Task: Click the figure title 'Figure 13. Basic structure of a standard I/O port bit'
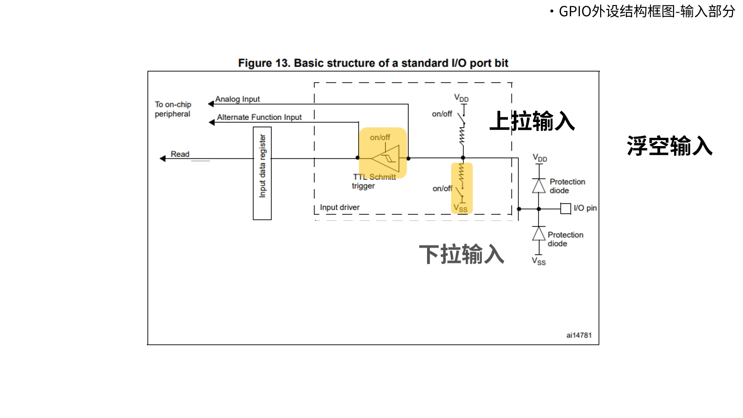tap(373, 63)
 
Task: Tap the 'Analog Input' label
tap(237, 99)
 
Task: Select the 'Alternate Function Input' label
tap(259, 117)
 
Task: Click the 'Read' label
tap(180, 154)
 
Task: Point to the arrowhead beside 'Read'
tap(163, 158)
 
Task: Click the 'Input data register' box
tap(262, 174)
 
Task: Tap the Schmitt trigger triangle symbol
tap(386, 158)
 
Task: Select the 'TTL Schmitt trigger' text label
tap(374, 181)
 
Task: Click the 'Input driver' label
tap(340, 207)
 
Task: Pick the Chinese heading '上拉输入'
tap(532, 121)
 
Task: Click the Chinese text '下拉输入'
tap(462, 254)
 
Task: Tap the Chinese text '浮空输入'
tap(669, 146)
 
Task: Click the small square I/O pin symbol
tap(566, 209)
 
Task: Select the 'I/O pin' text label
tap(585, 208)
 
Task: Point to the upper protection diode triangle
tap(539, 186)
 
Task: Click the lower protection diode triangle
tap(539, 234)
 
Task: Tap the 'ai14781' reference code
tap(579, 335)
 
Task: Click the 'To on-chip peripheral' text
tap(173, 109)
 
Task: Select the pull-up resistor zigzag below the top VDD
tap(462, 136)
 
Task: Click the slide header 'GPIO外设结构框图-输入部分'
tap(647, 11)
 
